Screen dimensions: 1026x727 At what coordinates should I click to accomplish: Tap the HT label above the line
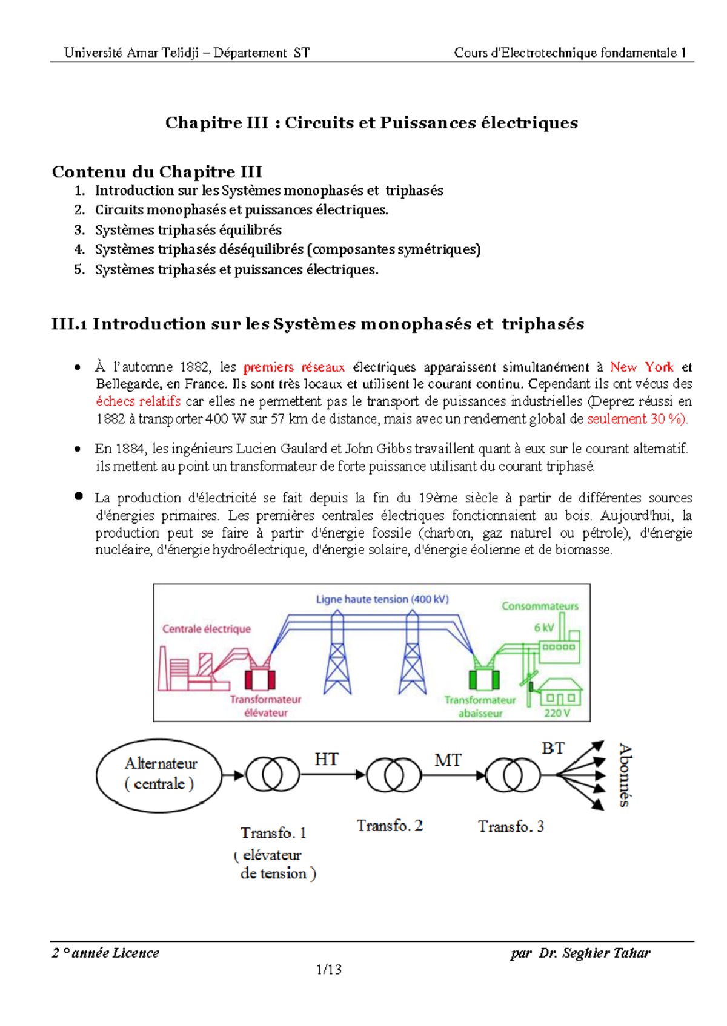pyautogui.click(x=327, y=760)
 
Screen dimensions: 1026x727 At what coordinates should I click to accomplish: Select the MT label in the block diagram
pyautogui.click(x=448, y=760)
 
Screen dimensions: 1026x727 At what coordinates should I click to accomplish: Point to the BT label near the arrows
pyautogui.click(x=553, y=749)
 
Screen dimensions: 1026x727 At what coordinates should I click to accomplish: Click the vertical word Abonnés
pyautogui.click(x=625, y=775)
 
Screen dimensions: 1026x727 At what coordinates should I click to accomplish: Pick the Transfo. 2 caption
pyautogui.click(x=390, y=826)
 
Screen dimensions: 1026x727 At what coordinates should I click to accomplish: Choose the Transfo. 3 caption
pyautogui.click(x=511, y=827)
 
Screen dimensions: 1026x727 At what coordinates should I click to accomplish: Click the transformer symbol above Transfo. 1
pyautogui.click(x=272, y=775)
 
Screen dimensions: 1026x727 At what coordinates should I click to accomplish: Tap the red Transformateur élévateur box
pyautogui.click(x=260, y=679)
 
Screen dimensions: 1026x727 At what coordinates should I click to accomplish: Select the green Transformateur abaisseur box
pyautogui.click(x=484, y=679)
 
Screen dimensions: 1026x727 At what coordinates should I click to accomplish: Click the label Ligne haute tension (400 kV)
pyautogui.click(x=382, y=599)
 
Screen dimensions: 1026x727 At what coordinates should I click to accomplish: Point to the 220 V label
pyautogui.click(x=557, y=713)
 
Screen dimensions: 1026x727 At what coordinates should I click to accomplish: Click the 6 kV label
pyautogui.click(x=543, y=628)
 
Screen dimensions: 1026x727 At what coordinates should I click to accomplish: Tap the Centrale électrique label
pyautogui.click(x=206, y=629)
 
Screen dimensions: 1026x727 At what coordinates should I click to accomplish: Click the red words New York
pyautogui.click(x=642, y=367)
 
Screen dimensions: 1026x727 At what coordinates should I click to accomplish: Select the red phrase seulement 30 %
pyautogui.click(x=636, y=419)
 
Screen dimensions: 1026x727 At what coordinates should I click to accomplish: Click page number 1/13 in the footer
pyautogui.click(x=329, y=970)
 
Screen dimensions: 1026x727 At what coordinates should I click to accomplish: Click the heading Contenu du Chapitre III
pyautogui.click(x=157, y=172)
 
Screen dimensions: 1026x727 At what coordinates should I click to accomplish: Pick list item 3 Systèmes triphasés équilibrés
pyautogui.click(x=188, y=230)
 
